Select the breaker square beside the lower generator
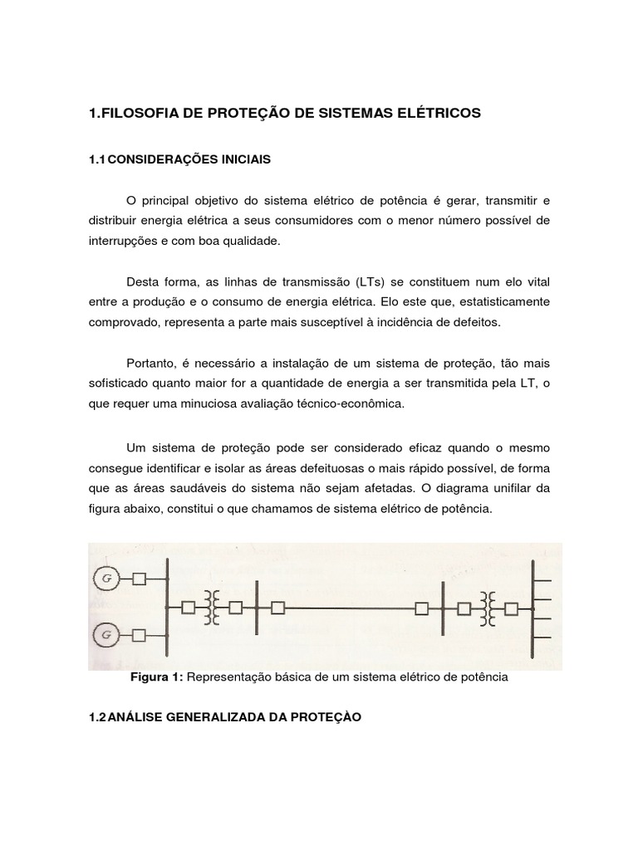pos(140,637)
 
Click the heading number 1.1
pos(97,159)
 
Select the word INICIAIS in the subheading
pos(246,159)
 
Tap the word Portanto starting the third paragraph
pos(151,364)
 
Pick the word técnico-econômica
pos(354,403)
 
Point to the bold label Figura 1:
pos(157,677)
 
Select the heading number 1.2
pos(97,718)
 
